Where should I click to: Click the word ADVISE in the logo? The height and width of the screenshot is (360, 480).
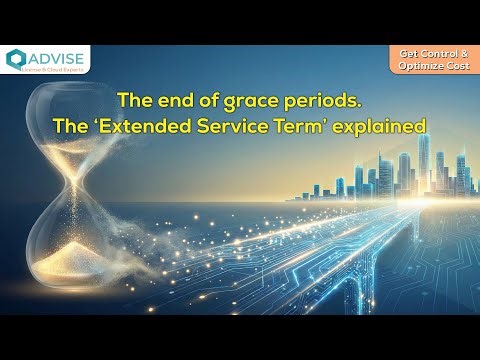pyautogui.click(x=56, y=56)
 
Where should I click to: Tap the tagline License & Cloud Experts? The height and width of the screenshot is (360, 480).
pyautogui.click(x=56, y=69)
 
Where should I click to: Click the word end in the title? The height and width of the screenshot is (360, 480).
pyautogui.click(x=166, y=101)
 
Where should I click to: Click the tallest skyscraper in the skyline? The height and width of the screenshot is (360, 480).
pyautogui.click(x=423, y=165)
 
